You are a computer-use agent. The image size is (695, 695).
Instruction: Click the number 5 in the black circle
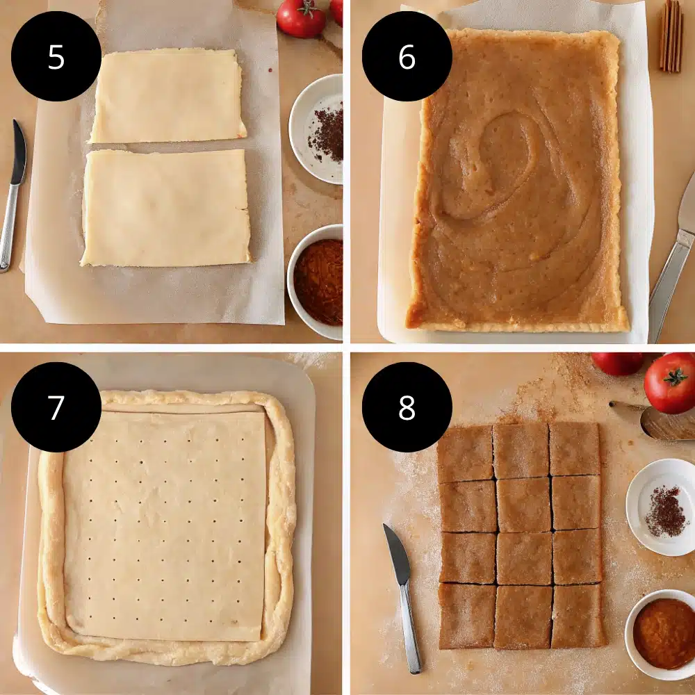(x=56, y=56)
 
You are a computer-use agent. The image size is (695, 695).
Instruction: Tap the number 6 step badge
(x=407, y=56)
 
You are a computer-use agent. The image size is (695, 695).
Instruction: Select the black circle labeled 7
(x=56, y=407)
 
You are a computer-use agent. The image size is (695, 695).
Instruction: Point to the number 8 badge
(x=407, y=407)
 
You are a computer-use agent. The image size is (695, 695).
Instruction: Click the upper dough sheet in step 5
(x=167, y=96)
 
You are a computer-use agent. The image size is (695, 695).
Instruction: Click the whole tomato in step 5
(x=301, y=17)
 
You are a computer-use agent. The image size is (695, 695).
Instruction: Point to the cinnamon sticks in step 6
(x=671, y=35)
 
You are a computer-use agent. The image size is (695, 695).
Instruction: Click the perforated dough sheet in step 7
(x=165, y=525)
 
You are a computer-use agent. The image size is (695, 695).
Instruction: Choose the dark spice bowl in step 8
(x=664, y=507)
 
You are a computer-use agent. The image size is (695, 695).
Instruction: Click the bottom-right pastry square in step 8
(x=577, y=616)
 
